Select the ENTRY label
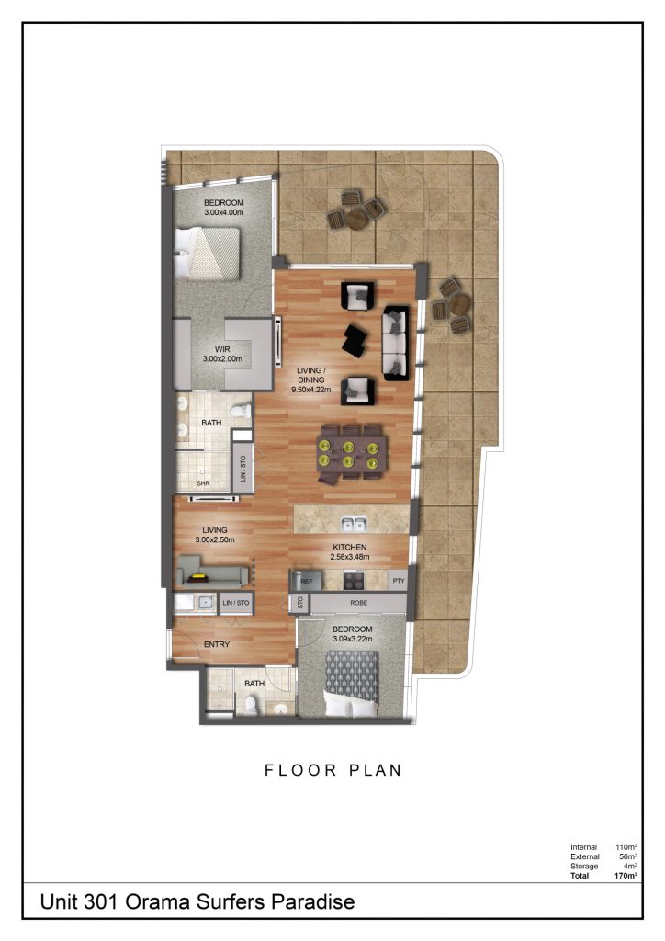[217, 644]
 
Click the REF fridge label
[306, 582]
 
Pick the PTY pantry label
[398, 582]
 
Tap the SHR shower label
[204, 482]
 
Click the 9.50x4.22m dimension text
[316, 389]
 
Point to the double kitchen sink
[354, 525]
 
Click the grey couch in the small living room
[211, 576]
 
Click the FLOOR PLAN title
[333, 770]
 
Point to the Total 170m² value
[626, 876]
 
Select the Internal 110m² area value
[626, 846]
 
